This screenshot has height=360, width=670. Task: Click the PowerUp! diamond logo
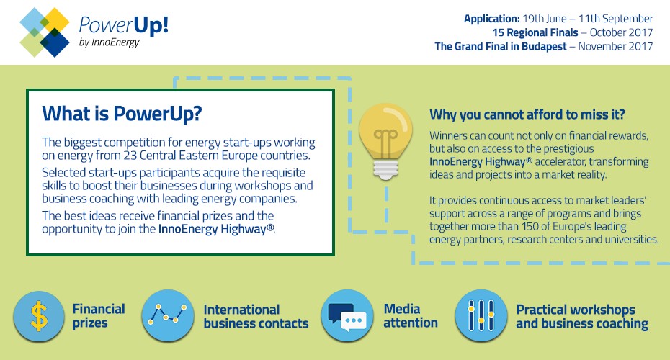coord(45,32)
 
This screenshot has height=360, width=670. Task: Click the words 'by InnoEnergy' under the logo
coord(110,42)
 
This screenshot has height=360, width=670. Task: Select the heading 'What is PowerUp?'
coord(122,114)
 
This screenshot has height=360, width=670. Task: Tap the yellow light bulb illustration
coord(386,141)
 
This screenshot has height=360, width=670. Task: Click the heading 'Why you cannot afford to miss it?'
coord(527,114)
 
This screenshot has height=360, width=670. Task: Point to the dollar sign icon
coord(39,316)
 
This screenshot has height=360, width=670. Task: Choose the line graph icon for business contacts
coord(167,315)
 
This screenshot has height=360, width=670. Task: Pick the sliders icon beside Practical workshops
coord(481,315)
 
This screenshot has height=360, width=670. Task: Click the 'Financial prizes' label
coord(99,315)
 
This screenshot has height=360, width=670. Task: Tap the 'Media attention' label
coord(411,315)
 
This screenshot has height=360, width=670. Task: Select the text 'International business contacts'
coord(256,317)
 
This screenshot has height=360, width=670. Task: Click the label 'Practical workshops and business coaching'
coord(582,317)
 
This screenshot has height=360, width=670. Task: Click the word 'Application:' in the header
coord(492,19)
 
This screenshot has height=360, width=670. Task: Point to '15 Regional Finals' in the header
coord(535,32)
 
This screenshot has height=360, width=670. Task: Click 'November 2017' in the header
coord(615,46)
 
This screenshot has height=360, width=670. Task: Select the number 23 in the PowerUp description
coord(130,155)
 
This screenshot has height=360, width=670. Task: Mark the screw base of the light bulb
coord(385,169)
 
